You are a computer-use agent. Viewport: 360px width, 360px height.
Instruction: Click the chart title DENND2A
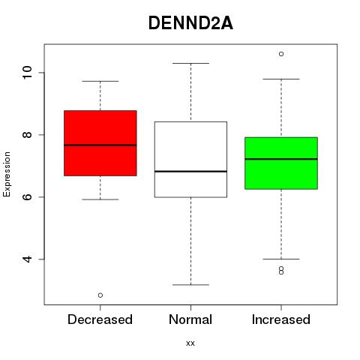click(x=190, y=23)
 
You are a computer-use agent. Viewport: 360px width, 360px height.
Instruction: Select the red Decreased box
click(x=100, y=143)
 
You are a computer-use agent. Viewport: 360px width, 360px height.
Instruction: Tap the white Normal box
click(x=190, y=160)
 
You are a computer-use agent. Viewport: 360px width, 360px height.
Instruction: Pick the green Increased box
click(x=281, y=163)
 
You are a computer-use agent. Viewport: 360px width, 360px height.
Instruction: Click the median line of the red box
click(x=100, y=145)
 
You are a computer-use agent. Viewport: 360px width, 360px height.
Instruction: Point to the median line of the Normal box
click(x=190, y=172)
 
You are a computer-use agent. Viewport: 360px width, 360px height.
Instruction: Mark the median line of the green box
click(x=281, y=159)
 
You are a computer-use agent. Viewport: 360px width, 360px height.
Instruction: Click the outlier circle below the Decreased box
click(x=100, y=295)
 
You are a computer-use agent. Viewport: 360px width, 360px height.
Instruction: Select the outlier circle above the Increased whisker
click(x=281, y=54)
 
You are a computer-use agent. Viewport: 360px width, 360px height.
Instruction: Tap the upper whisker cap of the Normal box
click(x=190, y=63)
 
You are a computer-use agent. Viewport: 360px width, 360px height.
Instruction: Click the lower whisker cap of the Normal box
click(x=190, y=285)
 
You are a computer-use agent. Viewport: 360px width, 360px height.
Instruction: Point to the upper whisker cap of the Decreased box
click(x=100, y=81)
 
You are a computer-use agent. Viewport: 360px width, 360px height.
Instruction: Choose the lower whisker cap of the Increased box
click(x=281, y=259)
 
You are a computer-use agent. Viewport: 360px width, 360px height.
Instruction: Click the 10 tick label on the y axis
click(x=27, y=73)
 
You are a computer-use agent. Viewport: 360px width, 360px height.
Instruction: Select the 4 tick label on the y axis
click(x=27, y=259)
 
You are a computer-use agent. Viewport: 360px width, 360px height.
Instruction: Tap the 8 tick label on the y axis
click(x=27, y=134)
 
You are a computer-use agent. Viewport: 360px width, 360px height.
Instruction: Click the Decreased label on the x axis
click(x=100, y=319)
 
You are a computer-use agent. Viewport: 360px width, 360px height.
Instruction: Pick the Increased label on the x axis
click(x=281, y=319)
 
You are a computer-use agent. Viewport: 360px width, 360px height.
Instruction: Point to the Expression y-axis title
click(x=7, y=174)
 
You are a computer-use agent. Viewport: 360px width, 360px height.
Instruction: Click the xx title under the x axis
click(x=190, y=343)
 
